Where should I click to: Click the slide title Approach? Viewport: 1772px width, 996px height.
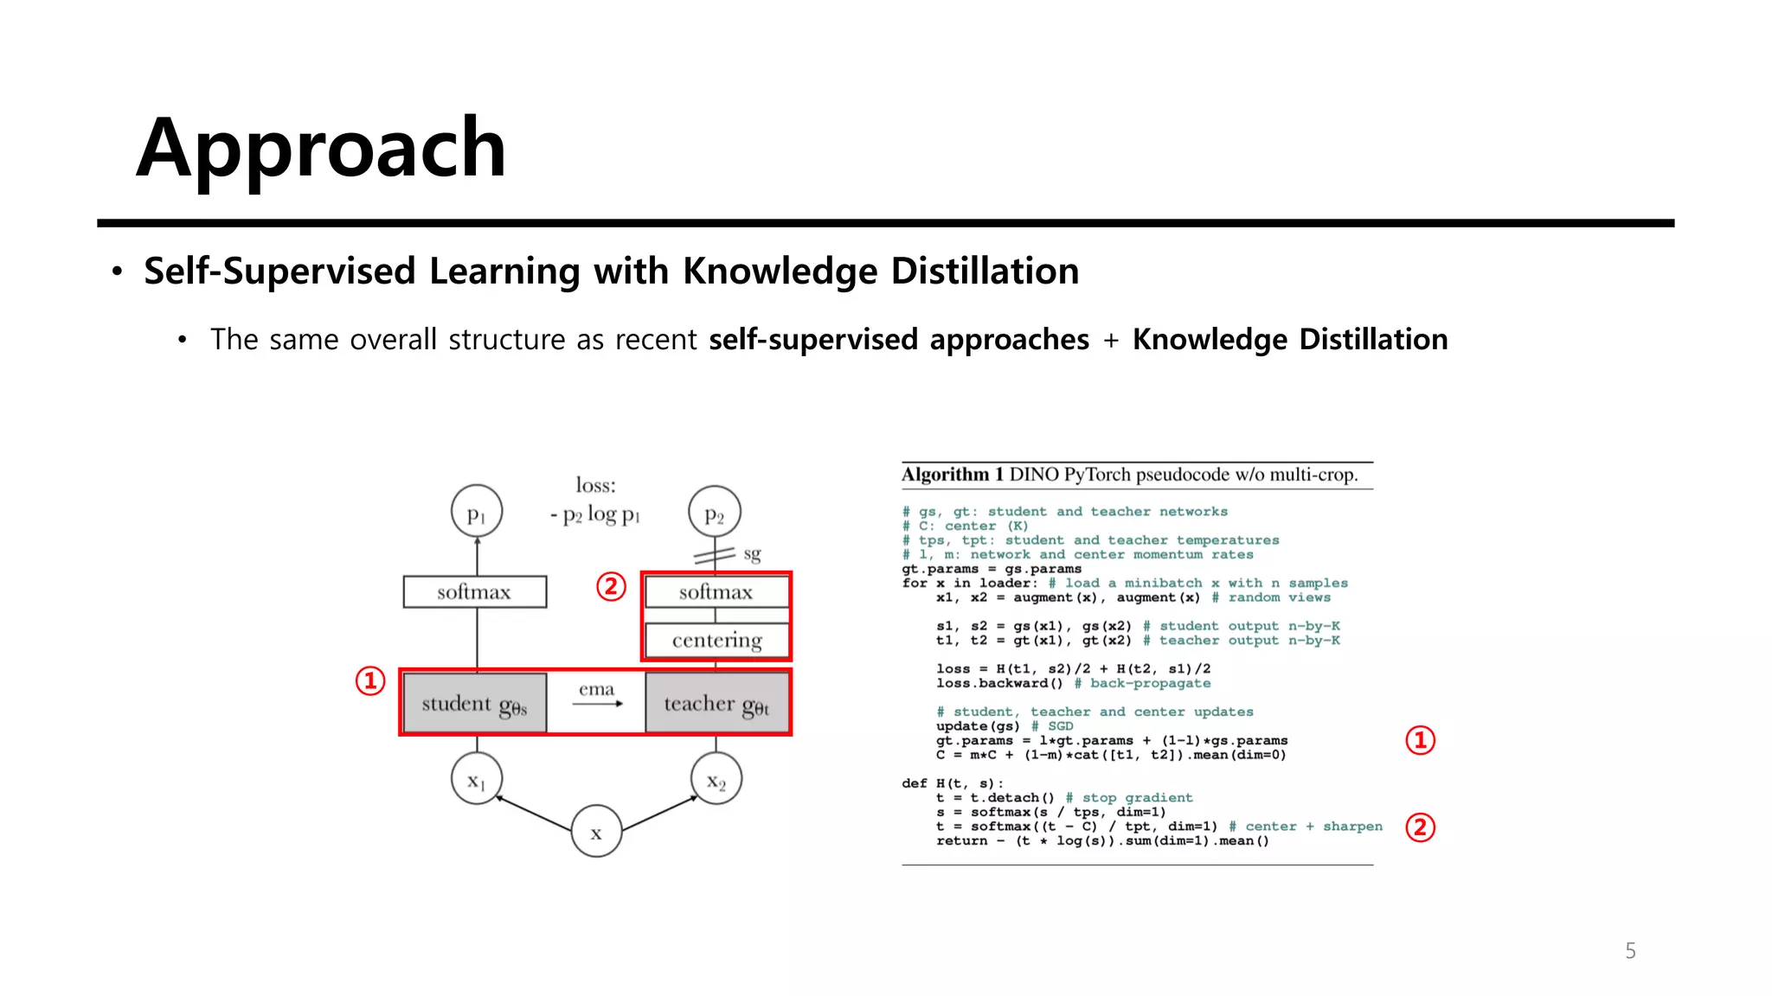321,149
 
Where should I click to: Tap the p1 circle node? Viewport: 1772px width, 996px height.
477,512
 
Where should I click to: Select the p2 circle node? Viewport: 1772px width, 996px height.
715,512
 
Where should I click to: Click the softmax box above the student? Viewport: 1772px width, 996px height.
475,592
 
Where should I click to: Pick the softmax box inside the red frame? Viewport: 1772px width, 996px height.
716,592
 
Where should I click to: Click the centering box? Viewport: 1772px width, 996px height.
716,640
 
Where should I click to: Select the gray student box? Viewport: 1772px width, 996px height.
475,704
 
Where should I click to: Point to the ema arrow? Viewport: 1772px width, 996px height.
597,703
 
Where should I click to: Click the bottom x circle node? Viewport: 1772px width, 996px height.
596,832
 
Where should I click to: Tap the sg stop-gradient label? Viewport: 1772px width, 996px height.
752,553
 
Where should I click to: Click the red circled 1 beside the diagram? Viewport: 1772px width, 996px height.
370,681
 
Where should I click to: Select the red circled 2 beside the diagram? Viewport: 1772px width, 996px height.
611,587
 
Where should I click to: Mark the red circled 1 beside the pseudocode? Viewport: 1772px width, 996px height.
1420,740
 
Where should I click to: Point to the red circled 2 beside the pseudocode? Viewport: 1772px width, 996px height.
1420,827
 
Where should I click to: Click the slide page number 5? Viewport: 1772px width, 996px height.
1630,951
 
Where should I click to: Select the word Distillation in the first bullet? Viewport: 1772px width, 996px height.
985,271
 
